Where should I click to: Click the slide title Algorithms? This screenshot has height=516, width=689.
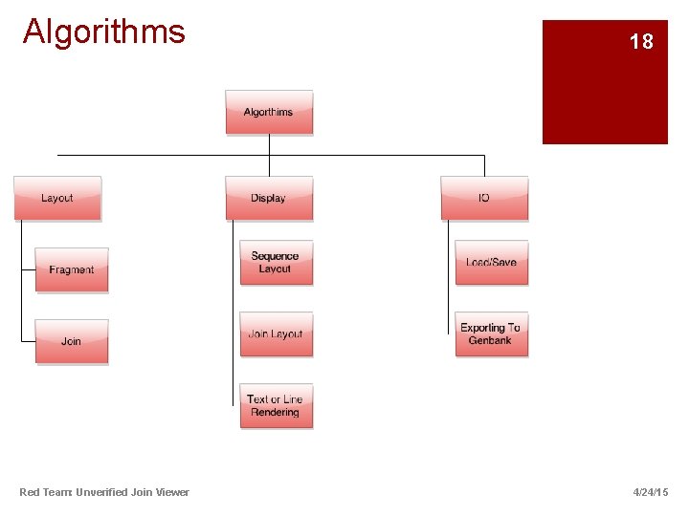click(103, 32)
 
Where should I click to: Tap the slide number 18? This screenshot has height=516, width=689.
click(641, 42)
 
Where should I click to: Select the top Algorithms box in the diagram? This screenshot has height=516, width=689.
click(269, 112)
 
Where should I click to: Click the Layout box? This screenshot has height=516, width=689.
click(57, 198)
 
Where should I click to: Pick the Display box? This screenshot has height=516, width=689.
click(269, 198)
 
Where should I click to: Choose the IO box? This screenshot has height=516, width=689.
click(484, 198)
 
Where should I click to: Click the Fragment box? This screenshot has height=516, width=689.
click(72, 269)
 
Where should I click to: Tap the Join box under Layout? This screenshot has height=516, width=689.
click(72, 341)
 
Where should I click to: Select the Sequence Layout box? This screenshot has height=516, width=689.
click(276, 262)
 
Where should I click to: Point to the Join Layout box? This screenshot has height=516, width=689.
click(276, 333)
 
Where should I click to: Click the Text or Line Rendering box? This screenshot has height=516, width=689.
click(276, 406)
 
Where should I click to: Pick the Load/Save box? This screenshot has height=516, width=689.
click(491, 262)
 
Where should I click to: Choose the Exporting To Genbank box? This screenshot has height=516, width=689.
click(491, 333)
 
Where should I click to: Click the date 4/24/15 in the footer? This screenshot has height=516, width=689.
click(651, 492)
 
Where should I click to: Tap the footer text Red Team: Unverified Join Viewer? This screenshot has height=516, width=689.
click(104, 492)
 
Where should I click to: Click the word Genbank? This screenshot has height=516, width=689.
click(490, 340)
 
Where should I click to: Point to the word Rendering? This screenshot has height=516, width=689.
click(276, 413)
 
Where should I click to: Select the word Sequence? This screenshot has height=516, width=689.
click(276, 256)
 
